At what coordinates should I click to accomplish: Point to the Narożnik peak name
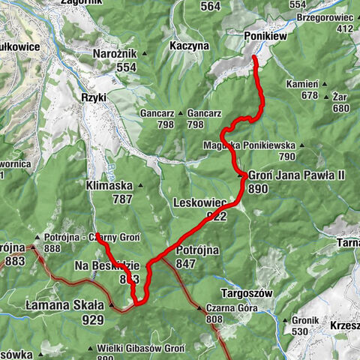[114, 54]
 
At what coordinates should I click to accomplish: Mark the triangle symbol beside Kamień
[324, 85]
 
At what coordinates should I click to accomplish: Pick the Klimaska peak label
[109, 184]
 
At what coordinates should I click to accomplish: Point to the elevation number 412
[344, 28]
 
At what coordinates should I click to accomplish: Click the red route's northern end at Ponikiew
[253, 57]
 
